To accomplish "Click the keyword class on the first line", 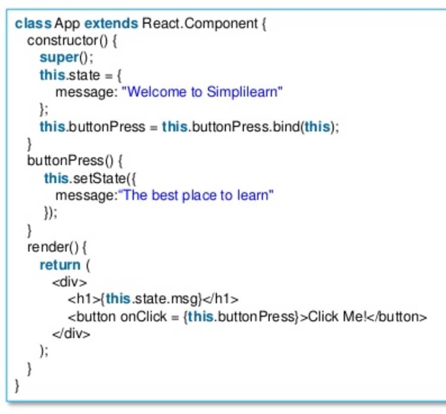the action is (x=33, y=23).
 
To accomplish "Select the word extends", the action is (x=111, y=23).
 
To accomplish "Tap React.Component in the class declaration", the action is (x=200, y=24).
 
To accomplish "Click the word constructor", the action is (x=62, y=40).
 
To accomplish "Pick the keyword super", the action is (x=59, y=58).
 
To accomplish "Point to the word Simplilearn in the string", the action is (x=242, y=92).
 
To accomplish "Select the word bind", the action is (x=286, y=127).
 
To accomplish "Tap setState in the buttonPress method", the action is (x=99, y=178).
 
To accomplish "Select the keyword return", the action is (x=60, y=265).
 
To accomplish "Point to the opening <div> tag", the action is (x=69, y=282).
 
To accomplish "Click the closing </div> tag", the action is (x=71, y=334).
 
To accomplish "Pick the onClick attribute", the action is (x=143, y=317).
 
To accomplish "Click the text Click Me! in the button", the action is (x=337, y=317).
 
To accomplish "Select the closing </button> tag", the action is (x=397, y=317).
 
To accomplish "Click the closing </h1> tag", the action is (x=221, y=299).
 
